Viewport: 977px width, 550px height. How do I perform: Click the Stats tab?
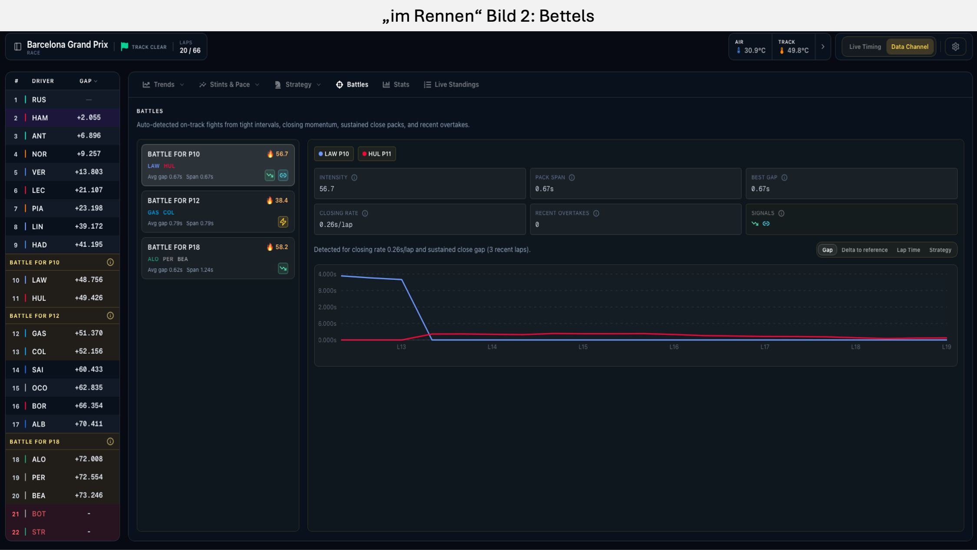[x=396, y=85]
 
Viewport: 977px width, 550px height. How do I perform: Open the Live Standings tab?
[x=452, y=85]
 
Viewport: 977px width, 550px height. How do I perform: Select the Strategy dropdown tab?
[x=298, y=85]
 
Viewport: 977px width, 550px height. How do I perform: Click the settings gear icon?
[x=955, y=47]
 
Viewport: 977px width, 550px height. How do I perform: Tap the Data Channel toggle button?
[x=910, y=47]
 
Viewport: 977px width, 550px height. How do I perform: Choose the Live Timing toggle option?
[x=865, y=47]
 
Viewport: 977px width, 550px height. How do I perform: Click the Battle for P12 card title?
[x=174, y=201]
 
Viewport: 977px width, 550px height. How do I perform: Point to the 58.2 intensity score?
[x=281, y=247]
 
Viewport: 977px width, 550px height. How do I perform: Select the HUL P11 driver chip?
[x=376, y=154]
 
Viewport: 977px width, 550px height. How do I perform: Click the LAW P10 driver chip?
[x=333, y=154]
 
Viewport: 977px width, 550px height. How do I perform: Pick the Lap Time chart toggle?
[x=908, y=250]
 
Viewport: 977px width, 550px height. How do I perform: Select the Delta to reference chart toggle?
[x=865, y=250]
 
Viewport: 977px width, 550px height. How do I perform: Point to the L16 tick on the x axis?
[x=674, y=347]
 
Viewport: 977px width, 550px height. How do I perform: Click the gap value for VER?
[x=89, y=172]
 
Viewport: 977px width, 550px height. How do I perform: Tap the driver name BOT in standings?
[x=39, y=514]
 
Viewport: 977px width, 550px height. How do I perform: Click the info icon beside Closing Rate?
[x=365, y=213]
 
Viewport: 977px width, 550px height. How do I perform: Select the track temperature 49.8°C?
[x=798, y=51]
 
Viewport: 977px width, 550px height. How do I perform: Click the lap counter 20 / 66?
[x=190, y=51]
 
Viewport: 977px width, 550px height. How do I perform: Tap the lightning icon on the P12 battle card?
[x=283, y=222]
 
